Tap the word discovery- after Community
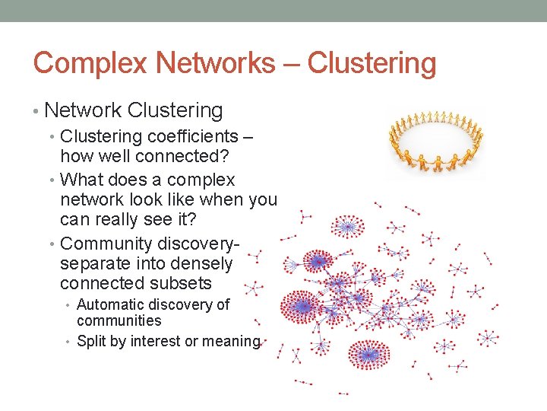coord(198,244)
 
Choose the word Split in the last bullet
coord(91,342)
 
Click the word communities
coord(119,320)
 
